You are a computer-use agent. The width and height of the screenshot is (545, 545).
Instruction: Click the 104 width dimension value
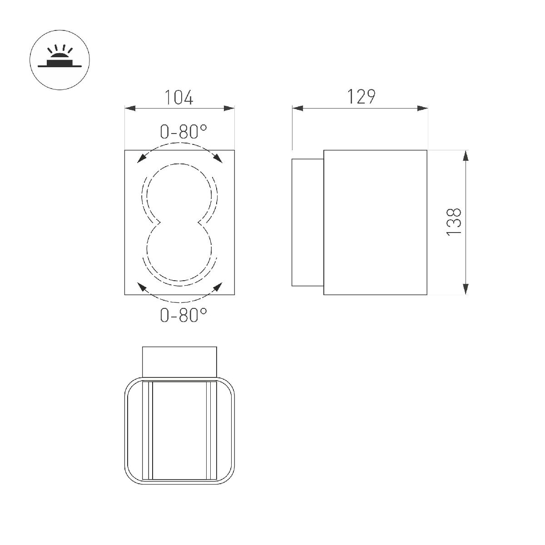[x=179, y=97]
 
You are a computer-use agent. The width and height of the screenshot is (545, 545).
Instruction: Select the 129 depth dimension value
[x=361, y=96]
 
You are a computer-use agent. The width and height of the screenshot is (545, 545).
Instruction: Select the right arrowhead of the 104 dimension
[x=229, y=109]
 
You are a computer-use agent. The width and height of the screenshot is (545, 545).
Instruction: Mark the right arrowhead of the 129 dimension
[x=422, y=109]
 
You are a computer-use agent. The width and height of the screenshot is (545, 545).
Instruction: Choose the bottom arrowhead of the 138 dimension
[x=466, y=289]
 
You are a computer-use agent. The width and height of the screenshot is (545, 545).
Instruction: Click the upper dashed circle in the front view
[x=179, y=191]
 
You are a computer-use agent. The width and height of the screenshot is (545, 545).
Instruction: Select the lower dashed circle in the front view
[x=179, y=252]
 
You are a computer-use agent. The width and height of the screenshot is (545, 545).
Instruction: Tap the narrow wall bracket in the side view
[x=307, y=222]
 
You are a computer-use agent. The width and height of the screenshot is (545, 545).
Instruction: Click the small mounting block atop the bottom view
[x=179, y=362]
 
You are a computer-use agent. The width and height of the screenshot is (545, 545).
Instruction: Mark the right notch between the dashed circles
[x=200, y=222]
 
